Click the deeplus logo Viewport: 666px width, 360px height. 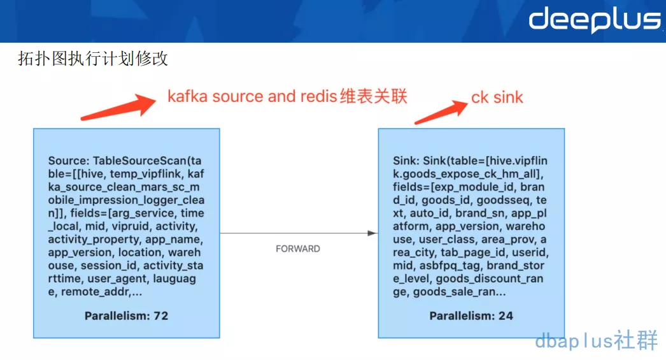[x=594, y=20]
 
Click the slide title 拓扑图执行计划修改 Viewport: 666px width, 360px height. [x=93, y=59]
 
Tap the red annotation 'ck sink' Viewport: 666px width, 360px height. [x=497, y=97]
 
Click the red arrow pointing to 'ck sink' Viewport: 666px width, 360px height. [x=440, y=112]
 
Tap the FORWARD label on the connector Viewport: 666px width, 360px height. [x=298, y=248]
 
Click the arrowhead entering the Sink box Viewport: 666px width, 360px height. [x=372, y=233]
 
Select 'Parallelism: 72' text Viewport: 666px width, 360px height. [x=126, y=315]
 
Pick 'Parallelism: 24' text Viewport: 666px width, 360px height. [x=471, y=315]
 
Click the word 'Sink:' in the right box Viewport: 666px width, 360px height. [x=406, y=161]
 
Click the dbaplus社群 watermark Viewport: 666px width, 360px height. [x=596, y=341]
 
